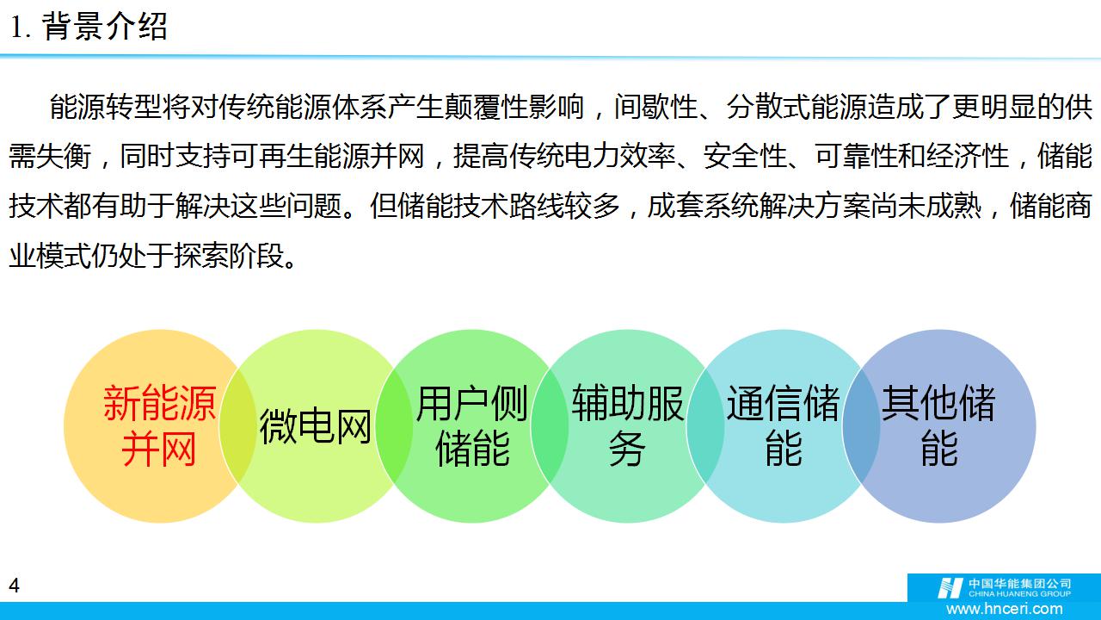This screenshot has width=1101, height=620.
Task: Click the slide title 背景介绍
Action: (x=105, y=27)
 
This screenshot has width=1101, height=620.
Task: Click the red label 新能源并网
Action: (x=159, y=425)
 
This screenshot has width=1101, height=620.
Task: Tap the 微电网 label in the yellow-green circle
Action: (x=315, y=426)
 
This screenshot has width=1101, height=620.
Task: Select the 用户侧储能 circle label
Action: (x=472, y=425)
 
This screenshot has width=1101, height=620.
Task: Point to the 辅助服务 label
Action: (x=628, y=425)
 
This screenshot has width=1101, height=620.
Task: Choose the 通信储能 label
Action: (x=784, y=425)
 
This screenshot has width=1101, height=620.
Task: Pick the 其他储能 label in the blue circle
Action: (x=938, y=425)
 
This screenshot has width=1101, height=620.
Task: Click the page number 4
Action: (x=15, y=586)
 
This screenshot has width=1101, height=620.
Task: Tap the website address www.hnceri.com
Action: (x=1004, y=609)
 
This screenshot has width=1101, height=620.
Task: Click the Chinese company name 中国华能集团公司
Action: (x=1019, y=584)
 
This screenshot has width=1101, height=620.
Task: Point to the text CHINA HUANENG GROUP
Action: (x=1019, y=594)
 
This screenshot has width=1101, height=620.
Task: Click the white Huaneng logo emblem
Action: (x=950, y=588)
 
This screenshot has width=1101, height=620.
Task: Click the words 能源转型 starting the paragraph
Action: (x=105, y=107)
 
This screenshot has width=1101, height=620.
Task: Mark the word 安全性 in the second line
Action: (x=745, y=157)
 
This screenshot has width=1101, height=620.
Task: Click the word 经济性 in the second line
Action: (x=968, y=157)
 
